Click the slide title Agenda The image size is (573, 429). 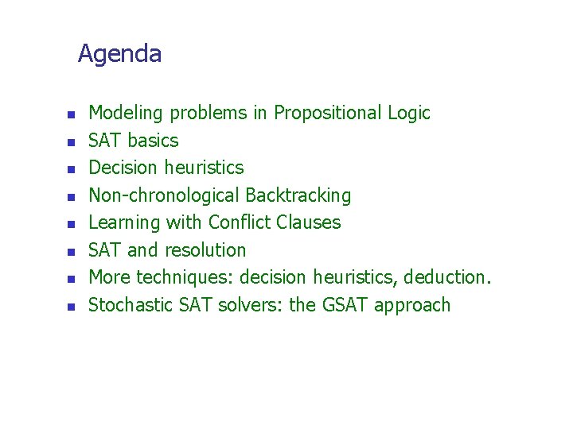[119, 55]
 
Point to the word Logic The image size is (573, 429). [409, 114]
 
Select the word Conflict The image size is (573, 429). [238, 222]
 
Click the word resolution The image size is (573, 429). [205, 250]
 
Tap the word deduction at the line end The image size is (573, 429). [448, 278]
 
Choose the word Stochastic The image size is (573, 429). [126, 305]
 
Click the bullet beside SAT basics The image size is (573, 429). [70, 142]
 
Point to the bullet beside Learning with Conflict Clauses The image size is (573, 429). [70, 224]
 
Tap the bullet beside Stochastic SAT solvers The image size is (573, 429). [70, 307]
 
